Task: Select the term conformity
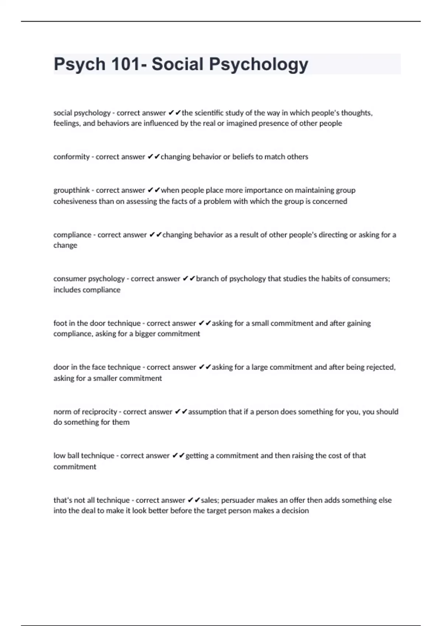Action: point(71,157)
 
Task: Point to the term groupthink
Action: point(71,190)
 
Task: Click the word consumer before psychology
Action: point(70,279)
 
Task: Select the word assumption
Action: point(207,412)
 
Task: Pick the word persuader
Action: point(238,500)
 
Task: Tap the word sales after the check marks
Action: point(209,500)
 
